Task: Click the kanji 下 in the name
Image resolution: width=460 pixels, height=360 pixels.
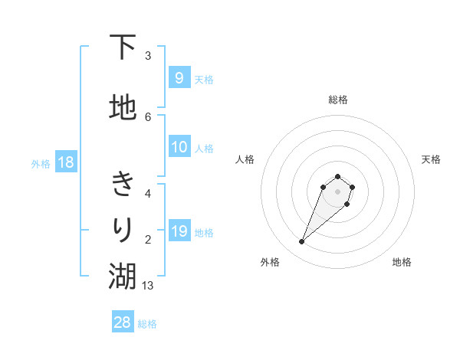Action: point(123,48)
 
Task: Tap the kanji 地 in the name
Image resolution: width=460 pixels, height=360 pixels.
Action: point(123,108)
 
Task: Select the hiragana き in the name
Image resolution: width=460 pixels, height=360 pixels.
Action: point(123,185)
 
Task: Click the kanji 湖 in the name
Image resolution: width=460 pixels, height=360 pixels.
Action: point(123,277)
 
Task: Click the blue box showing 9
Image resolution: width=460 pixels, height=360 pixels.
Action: point(179,77)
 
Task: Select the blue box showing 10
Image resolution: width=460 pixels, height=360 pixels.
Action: point(179,147)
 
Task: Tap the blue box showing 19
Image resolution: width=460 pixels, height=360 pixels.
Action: point(179,231)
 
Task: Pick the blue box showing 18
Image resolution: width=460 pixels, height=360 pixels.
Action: point(65,162)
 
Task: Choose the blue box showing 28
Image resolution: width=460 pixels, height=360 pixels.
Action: point(123,322)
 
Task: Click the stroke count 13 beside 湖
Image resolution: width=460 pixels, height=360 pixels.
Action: point(148,285)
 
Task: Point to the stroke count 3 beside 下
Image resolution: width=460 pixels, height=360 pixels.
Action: point(148,56)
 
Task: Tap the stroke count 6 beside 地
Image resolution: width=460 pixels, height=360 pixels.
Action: point(148,116)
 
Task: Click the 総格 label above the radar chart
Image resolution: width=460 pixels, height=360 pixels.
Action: point(337,100)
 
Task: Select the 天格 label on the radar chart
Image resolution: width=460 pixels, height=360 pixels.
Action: point(431,159)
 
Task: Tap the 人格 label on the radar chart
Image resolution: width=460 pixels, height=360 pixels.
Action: point(245,159)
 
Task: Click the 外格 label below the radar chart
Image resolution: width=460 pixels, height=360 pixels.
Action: point(270,262)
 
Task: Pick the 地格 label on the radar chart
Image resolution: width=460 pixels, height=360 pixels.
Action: point(402,262)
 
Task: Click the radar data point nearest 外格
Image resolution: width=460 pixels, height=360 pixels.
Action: point(301,242)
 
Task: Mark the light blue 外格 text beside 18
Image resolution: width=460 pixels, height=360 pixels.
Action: point(41,163)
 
